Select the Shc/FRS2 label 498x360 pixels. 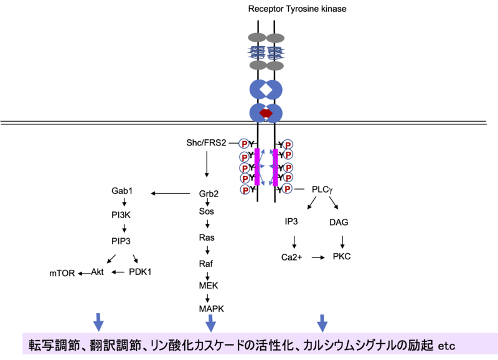point(207,142)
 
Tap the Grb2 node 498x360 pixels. point(209,193)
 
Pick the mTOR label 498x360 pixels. point(62,272)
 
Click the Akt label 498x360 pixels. point(98,272)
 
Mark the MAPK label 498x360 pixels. point(211,308)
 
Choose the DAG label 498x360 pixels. point(338,222)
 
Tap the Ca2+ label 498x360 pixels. point(292,256)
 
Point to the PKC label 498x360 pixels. point(342,256)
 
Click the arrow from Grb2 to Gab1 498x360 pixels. point(172,193)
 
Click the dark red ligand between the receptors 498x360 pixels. point(266,114)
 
